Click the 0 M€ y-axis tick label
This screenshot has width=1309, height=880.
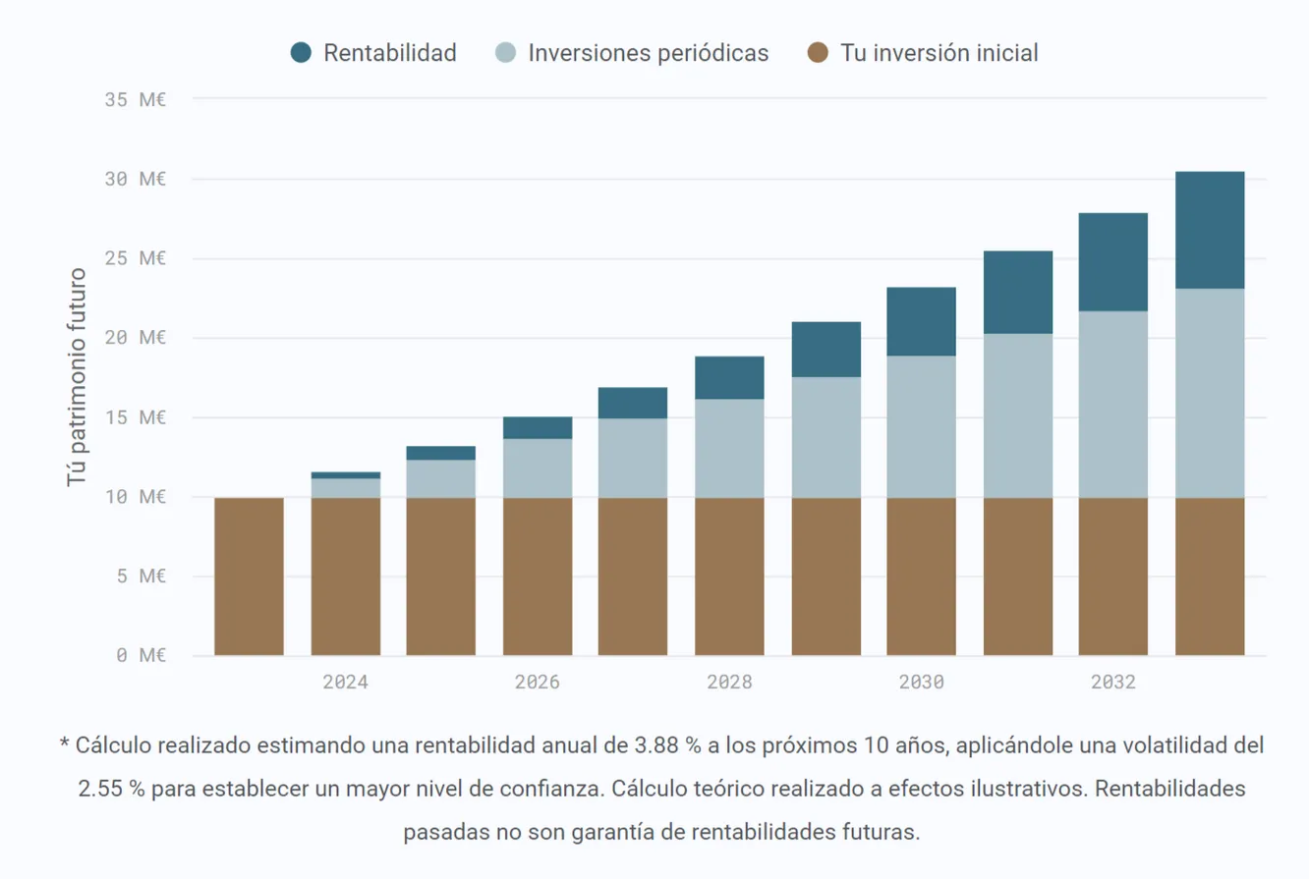(139, 655)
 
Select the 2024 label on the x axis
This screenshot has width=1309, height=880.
(345, 683)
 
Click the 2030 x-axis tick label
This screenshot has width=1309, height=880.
(921, 683)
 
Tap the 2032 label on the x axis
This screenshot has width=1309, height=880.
(1112, 683)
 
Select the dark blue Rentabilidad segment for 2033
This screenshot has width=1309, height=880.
(1210, 230)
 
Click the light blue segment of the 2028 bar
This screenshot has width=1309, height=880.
(729, 448)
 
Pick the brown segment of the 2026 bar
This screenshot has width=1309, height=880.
(538, 576)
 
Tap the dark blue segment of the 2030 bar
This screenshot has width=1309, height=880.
(921, 321)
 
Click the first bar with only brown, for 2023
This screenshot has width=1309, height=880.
(249, 576)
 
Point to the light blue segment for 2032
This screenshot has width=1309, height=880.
(1112, 405)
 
